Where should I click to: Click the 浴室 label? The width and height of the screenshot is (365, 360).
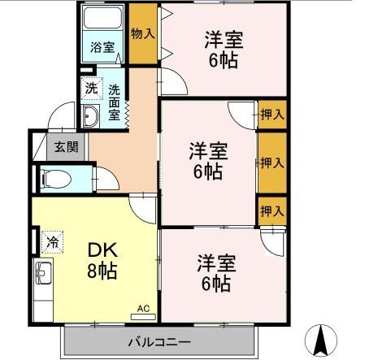102,47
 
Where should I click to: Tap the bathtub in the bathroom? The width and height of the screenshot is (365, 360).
102,20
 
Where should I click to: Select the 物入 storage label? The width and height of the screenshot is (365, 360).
142,33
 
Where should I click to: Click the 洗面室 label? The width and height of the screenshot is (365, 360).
115,101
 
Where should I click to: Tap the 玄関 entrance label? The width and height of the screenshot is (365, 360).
67,147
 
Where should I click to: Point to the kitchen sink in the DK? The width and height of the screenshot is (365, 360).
42,275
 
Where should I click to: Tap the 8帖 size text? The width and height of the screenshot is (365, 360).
101,271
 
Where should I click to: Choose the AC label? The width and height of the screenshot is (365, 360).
143,309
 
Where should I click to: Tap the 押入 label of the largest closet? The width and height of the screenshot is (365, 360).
272,163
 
